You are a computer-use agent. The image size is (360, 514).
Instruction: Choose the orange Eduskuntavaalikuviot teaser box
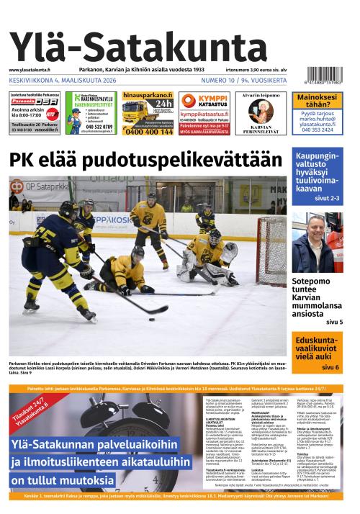click(x=317, y=351)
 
